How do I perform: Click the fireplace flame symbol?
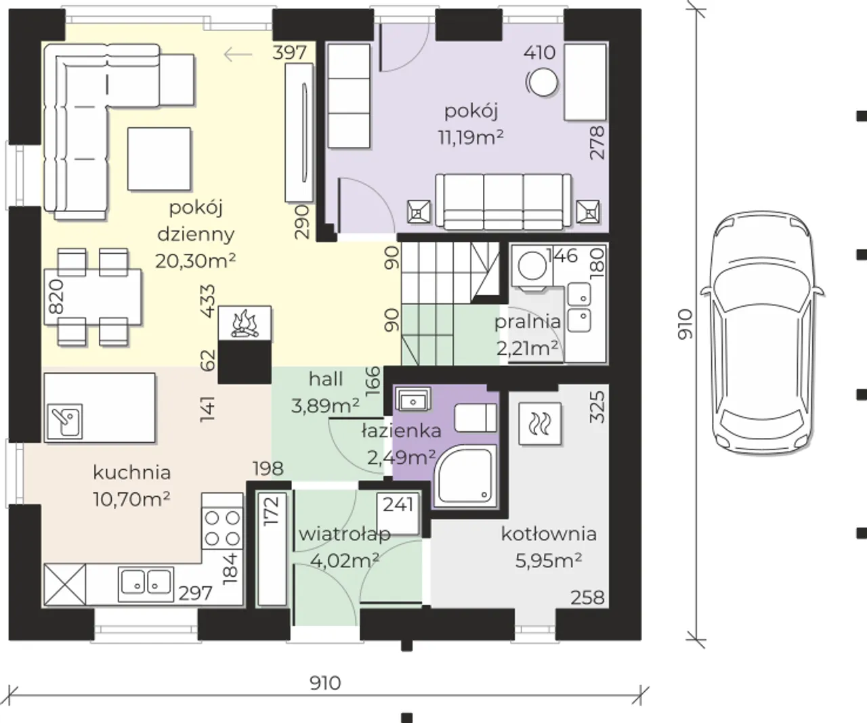(x=245, y=324)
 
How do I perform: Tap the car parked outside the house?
(x=763, y=332)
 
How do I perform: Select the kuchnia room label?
(x=132, y=473)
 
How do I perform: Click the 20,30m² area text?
(x=196, y=261)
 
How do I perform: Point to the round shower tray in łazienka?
(x=465, y=476)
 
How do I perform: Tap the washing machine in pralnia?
(x=532, y=265)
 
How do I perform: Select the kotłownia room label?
(x=549, y=533)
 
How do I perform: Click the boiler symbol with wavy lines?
(x=540, y=424)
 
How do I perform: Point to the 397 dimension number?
(x=289, y=53)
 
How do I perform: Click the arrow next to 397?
(x=238, y=54)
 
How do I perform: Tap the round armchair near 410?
(x=542, y=82)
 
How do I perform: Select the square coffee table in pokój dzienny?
(x=159, y=158)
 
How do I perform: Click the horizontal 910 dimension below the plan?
(x=325, y=683)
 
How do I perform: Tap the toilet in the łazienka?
(x=475, y=418)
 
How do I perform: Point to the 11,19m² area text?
(x=471, y=137)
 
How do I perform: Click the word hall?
(x=326, y=379)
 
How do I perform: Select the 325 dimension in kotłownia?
(x=597, y=407)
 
